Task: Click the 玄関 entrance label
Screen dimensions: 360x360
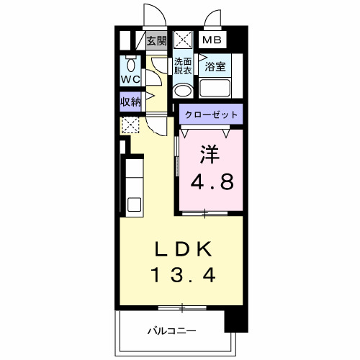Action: pyautogui.click(x=156, y=41)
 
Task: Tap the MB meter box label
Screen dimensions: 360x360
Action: pyautogui.click(x=212, y=41)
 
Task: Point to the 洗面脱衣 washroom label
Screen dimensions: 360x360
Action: pyautogui.click(x=183, y=66)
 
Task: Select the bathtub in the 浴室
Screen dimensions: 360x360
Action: pyautogui.click(x=215, y=89)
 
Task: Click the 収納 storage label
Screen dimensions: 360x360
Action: pyautogui.click(x=130, y=102)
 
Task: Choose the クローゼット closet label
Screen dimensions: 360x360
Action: pyautogui.click(x=210, y=114)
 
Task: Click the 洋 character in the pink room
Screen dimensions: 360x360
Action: pyautogui.click(x=210, y=154)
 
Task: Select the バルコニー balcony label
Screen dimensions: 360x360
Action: pyautogui.click(x=172, y=330)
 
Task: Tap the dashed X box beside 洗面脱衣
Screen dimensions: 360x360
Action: pyautogui.click(x=183, y=40)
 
